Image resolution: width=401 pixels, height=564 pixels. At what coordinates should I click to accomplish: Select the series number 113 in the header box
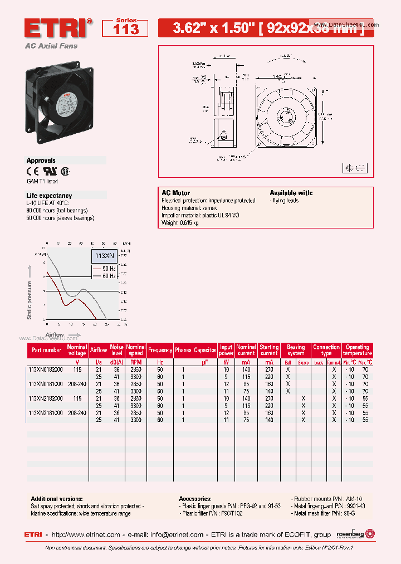click(126, 30)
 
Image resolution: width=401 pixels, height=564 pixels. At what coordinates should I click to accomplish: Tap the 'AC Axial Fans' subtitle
click(51, 46)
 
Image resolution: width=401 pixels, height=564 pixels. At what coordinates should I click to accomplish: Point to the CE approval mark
click(33, 172)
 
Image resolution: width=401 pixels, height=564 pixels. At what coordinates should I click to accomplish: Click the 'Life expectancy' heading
click(49, 196)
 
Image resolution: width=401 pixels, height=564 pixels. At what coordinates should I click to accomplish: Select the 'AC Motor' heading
click(175, 193)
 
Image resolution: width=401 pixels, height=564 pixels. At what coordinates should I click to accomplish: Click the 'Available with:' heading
click(291, 193)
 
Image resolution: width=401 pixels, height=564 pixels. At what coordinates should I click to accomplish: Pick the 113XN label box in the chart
click(104, 256)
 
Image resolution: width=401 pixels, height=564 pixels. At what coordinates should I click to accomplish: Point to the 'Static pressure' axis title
click(30, 293)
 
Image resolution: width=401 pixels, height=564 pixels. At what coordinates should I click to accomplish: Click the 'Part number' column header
click(47, 350)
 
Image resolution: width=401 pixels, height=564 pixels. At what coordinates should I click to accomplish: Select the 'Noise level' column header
click(116, 350)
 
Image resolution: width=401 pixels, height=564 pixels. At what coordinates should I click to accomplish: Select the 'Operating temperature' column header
click(357, 350)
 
